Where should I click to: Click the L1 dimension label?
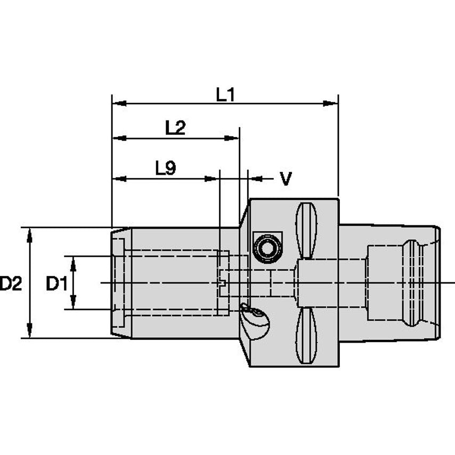click(225, 95)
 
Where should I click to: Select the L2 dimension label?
click(175, 128)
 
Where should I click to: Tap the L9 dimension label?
click(165, 169)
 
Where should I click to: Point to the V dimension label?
click(286, 179)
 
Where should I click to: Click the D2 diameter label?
click(11, 284)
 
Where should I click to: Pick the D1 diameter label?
click(56, 284)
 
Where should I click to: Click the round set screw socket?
click(266, 247)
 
